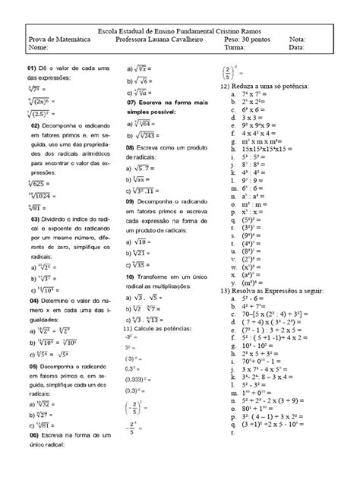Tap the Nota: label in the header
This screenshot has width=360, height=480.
[x=298, y=39]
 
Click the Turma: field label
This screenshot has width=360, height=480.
[x=239, y=47]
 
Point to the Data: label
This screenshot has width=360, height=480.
[x=297, y=47]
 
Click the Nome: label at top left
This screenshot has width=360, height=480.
[x=37, y=47]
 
